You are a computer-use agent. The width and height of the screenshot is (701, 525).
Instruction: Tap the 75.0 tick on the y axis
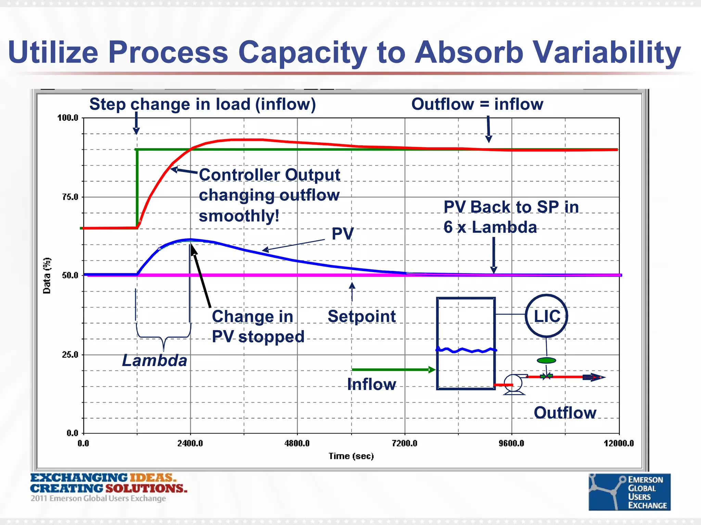70,197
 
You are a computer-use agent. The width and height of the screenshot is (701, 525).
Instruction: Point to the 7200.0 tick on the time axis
405,443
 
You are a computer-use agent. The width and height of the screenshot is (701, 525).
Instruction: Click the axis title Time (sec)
351,456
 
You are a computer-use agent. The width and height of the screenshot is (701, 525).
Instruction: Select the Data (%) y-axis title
47,275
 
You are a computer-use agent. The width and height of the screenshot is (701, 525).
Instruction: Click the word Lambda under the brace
154,361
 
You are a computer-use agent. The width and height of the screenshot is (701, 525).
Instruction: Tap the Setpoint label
361,317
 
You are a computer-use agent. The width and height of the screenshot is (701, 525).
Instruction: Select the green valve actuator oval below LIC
546,360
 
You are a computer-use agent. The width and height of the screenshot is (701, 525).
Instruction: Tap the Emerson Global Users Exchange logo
629,492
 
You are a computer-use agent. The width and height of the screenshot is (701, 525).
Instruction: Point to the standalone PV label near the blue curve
342,234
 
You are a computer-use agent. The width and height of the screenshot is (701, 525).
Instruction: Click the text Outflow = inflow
477,104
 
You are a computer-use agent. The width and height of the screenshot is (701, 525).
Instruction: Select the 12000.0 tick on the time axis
619,443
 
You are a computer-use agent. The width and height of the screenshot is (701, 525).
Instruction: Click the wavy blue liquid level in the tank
466,350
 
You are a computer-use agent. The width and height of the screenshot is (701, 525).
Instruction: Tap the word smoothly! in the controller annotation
239,216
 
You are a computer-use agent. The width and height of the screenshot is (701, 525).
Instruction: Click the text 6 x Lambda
490,227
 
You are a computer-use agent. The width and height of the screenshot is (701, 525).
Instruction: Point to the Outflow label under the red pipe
565,413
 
